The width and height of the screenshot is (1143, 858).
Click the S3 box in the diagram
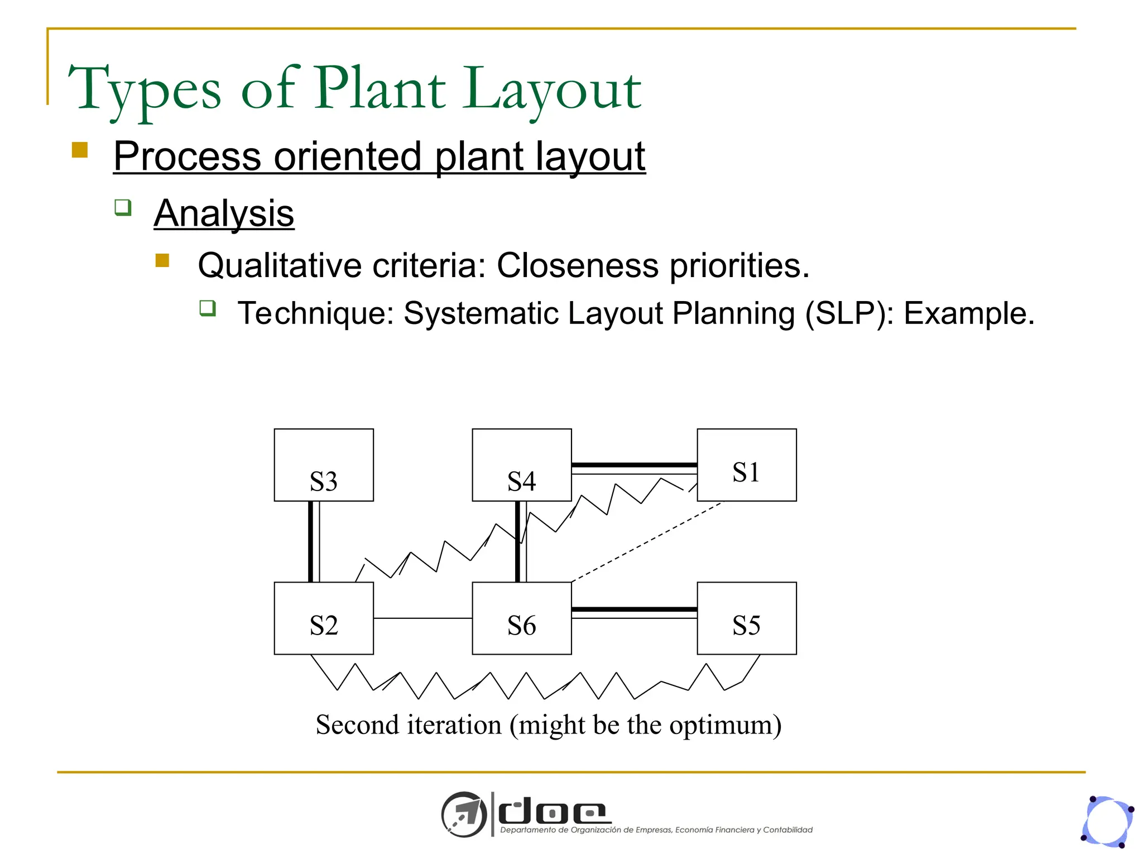coord(324,465)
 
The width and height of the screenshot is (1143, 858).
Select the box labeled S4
coord(522,465)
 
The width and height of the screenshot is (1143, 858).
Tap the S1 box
coord(747,465)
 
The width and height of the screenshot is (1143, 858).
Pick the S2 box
coord(324,618)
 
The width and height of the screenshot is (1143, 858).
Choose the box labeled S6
coord(522,618)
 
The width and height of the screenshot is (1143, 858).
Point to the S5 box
coord(747,618)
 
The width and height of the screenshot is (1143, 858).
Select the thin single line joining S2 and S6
coord(422,618)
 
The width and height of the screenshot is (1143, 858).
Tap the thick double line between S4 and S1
coord(635,468)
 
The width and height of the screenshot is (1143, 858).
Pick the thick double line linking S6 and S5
coord(635,611)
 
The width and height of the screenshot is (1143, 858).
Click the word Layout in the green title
coord(553,89)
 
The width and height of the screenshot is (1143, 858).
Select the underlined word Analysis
coord(224,213)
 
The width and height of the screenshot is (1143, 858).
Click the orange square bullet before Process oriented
coord(80,150)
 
